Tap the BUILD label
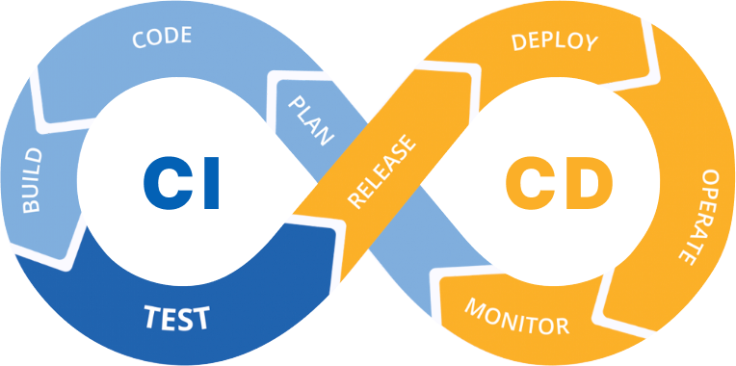click(30, 180)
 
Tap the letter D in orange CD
click(588, 183)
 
